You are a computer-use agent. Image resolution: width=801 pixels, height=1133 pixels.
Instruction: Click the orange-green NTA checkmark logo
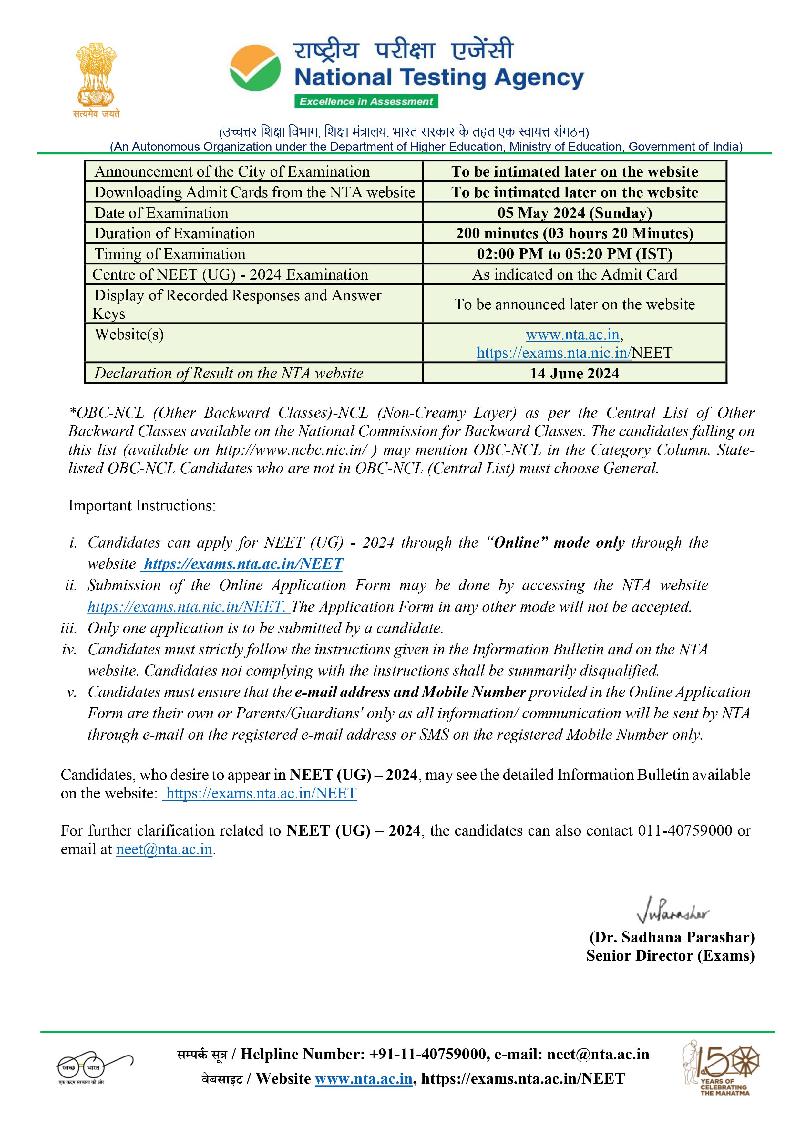tap(255, 68)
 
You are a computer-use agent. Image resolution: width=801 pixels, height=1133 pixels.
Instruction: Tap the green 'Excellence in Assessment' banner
tap(366, 102)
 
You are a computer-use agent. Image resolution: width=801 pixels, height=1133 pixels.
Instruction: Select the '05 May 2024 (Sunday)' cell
tap(574, 213)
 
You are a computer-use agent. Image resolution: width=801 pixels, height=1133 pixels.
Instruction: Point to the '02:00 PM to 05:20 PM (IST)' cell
tap(574, 254)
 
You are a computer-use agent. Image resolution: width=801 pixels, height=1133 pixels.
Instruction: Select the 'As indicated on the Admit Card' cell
tap(574, 274)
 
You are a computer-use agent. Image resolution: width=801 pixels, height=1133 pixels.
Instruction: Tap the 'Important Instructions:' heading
tap(142, 506)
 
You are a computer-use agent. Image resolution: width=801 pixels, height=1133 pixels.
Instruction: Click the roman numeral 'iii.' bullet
tap(69, 628)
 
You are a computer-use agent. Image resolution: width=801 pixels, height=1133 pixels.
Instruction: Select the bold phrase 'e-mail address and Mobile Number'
tap(410, 692)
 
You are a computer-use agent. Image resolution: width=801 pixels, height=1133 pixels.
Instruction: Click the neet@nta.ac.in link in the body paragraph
tap(164, 849)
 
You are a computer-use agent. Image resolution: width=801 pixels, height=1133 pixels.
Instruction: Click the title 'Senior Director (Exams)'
tap(670, 956)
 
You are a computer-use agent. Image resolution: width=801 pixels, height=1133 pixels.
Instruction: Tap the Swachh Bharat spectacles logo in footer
tap(94, 1067)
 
